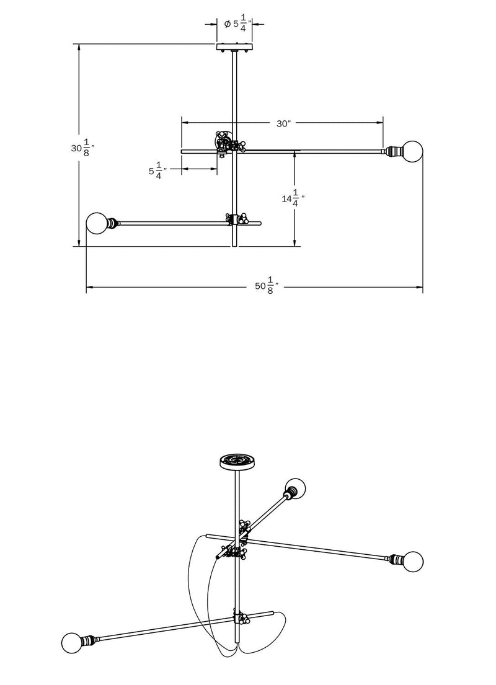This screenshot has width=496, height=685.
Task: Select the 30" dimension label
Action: tap(283, 123)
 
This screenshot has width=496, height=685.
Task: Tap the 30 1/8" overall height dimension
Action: tap(82, 149)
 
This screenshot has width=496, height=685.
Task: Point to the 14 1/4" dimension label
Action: tap(293, 198)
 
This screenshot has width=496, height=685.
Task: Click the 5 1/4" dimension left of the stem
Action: tap(157, 171)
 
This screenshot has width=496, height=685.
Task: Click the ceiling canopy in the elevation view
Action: tap(234, 46)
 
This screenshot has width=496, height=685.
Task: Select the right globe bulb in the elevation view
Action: tap(411, 150)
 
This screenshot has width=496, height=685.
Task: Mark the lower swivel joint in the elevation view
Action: tap(237, 219)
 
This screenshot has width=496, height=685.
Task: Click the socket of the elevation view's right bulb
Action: tap(392, 150)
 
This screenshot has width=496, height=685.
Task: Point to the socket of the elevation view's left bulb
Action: tap(114, 223)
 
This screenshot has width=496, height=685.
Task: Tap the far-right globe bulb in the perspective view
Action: tap(411, 562)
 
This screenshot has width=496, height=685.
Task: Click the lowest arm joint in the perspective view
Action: tap(240, 619)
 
